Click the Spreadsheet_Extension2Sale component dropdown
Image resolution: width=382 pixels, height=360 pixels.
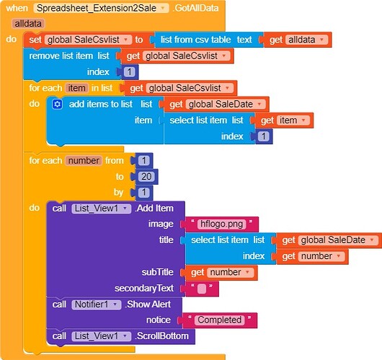tap(101, 8)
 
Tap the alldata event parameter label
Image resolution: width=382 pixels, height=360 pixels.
tap(28, 24)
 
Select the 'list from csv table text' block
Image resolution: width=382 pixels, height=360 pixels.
tap(206, 40)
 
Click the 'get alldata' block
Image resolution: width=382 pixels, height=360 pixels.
tap(296, 40)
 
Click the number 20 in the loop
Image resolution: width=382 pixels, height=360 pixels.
tap(146, 176)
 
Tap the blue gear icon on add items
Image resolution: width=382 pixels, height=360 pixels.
tap(57, 104)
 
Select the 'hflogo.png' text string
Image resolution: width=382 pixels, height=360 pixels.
tap(221, 224)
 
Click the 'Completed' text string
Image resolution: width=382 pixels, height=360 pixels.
tap(219, 320)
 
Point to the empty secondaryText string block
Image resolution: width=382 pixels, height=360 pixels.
tap(202, 289)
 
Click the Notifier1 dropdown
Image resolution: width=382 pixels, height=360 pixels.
tap(97, 304)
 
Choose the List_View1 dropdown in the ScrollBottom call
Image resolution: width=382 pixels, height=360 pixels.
tap(101, 336)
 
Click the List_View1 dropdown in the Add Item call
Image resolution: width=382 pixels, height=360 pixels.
tap(101, 208)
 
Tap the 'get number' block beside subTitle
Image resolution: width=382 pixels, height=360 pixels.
tap(221, 272)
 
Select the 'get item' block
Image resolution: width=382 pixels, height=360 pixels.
tap(284, 120)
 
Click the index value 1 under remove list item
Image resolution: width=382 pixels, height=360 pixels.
tap(129, 72)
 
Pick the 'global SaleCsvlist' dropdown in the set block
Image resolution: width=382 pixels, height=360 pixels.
tap(88, 40)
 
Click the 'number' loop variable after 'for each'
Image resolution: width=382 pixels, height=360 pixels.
tap(84, 160)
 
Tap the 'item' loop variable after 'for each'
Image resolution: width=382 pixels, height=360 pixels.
tap(76, 88)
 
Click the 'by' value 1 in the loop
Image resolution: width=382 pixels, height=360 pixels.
tap(143, 193)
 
